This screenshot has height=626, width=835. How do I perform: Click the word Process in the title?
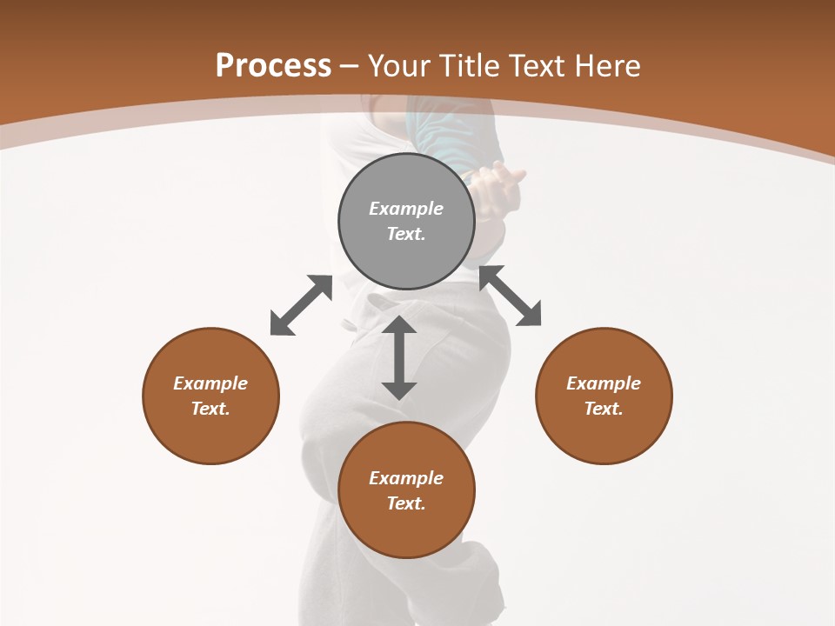[273, 66]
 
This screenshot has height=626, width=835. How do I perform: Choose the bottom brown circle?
[406, 530]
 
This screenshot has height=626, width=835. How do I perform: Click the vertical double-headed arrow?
[399, 357]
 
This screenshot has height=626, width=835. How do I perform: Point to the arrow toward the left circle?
[301, 305]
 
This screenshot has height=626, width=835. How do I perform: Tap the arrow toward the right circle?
[511, 296]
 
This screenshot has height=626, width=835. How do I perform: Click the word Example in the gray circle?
[406, 209]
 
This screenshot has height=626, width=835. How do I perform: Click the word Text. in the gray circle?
[406, 234]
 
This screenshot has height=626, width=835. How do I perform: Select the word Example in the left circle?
[210, 383]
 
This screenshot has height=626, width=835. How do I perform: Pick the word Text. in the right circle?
[604, 409]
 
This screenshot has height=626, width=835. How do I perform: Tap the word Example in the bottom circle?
[406, 478]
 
